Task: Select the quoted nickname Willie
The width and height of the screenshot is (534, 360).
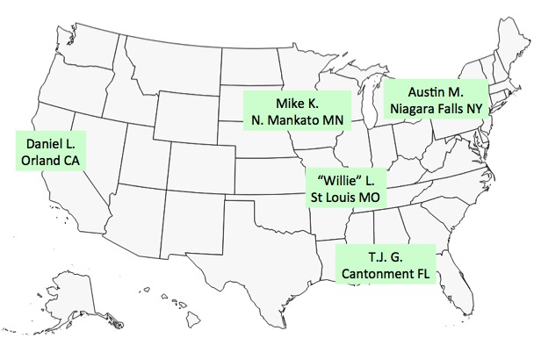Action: click(x=340, y=180)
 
